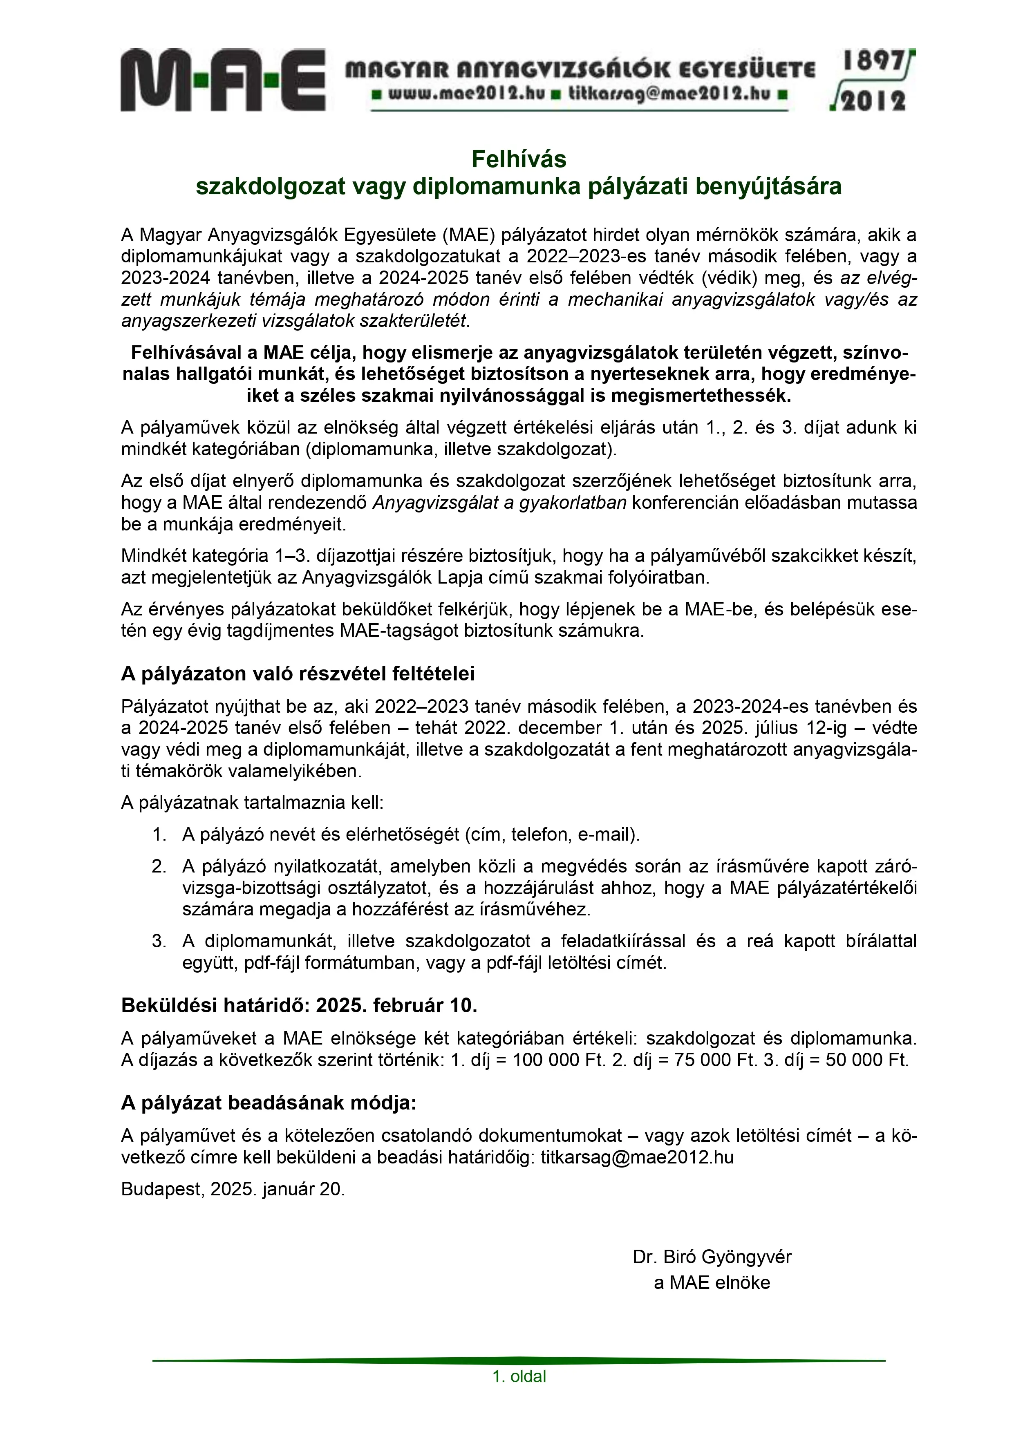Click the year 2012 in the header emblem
point(873,101)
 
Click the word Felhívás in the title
point(519,159)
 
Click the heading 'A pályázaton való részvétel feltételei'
point(298,673)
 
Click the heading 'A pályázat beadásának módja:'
point(268,1103)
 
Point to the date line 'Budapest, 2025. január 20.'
point(233,1188)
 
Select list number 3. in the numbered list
point(159,941)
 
